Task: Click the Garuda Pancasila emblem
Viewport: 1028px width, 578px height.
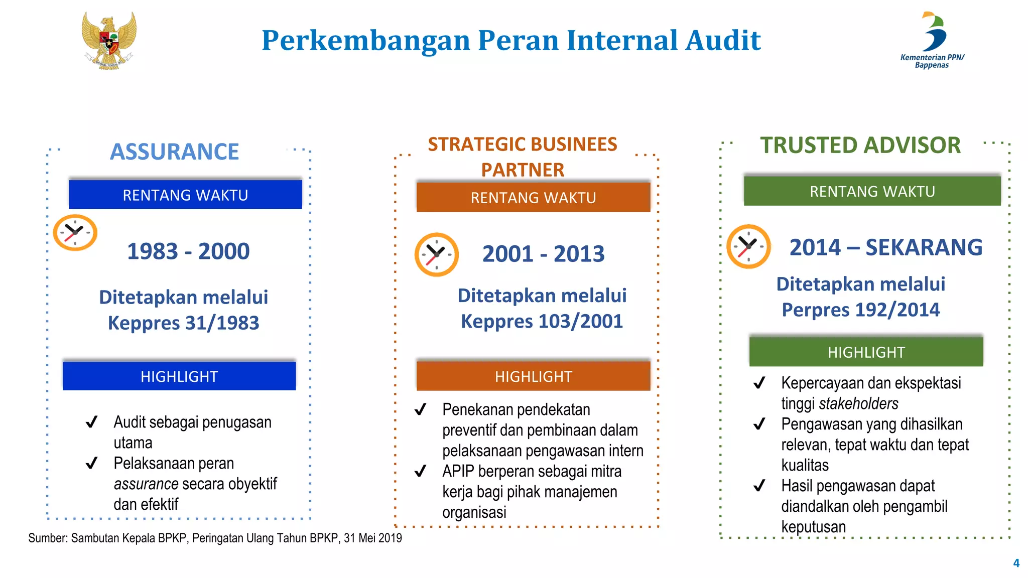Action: point(109,41)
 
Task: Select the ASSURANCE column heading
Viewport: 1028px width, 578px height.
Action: point(174,152)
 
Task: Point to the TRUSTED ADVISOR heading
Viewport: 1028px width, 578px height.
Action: point(860,146)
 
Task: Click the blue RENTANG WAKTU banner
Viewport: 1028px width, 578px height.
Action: point(185,195)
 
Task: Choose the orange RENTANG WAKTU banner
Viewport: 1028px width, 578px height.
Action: point(533,198)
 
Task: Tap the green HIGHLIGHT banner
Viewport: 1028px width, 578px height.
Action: point(866,352)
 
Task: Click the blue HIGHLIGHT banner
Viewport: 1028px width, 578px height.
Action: point(179,376)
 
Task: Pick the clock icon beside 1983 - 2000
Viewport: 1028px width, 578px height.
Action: point(75,232)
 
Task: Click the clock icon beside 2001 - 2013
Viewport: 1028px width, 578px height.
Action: point(436,254)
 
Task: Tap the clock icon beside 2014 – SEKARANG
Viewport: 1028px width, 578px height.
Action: point(748,246)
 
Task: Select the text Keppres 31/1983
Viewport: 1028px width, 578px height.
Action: point(183,323)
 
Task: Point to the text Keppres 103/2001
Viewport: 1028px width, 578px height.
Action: point(542,321)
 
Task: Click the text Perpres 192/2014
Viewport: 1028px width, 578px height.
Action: point(860,310)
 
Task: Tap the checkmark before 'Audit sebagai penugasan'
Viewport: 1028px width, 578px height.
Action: point(91,422)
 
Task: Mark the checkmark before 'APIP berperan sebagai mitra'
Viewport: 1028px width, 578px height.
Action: point(420,471)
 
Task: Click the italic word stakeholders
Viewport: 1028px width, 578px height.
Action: point(858,403)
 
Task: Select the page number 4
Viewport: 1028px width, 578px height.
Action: point(1016,563)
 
